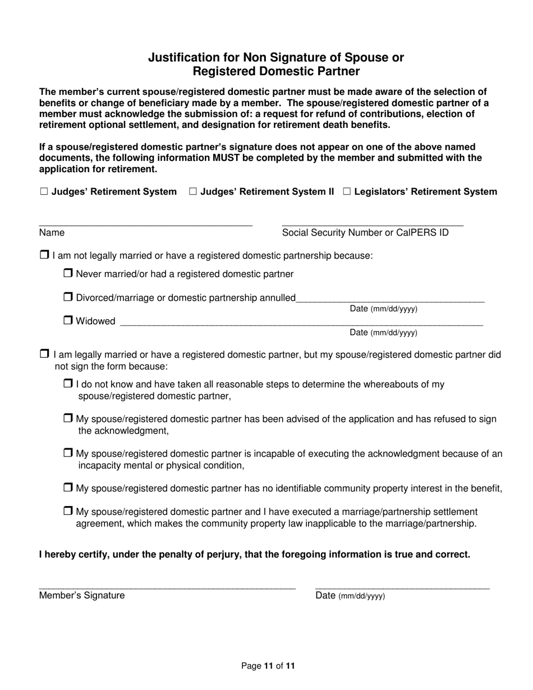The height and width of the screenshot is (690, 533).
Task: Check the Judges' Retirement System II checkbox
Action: [x=193, y=192]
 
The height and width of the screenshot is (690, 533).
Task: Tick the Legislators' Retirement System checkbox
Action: [x=347, y=192]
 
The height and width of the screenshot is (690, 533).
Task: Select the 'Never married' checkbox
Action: [x=68, y=274]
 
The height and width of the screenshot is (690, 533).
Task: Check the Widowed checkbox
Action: [x=68, y=321]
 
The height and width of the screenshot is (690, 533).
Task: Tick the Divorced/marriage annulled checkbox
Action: [x=68, y=297]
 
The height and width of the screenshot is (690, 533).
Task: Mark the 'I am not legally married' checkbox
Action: [x=44, y=255]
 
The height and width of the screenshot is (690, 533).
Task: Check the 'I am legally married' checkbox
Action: [x=44, y=355]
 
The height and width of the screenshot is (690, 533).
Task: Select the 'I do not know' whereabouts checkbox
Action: [x=68, y=384]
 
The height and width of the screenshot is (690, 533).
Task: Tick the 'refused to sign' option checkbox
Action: [x=68, y=418]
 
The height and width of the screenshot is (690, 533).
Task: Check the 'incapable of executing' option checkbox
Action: [x=68, y=453]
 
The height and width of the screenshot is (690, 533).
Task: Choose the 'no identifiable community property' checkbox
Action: [x=68, y=488]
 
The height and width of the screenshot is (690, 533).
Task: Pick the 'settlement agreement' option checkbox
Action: [x=68, y=512]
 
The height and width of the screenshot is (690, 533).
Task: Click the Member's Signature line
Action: [x=167, y=586]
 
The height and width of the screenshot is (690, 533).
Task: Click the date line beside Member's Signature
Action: [x=402, y=586]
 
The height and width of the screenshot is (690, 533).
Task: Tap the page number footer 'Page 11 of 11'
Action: [x=268, y=666]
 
